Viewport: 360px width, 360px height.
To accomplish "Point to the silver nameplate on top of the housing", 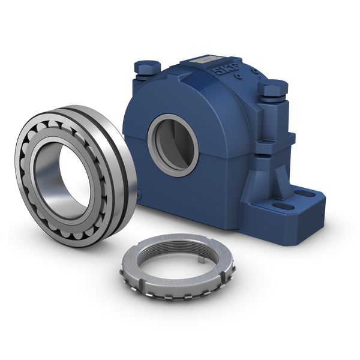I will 205,61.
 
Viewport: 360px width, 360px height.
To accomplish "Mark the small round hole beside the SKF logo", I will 239,77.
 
